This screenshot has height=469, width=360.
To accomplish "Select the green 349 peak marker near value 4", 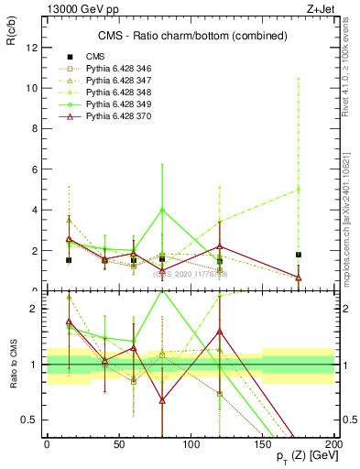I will coord(162,210).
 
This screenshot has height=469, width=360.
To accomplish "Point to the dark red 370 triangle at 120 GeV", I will coord(220,246).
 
